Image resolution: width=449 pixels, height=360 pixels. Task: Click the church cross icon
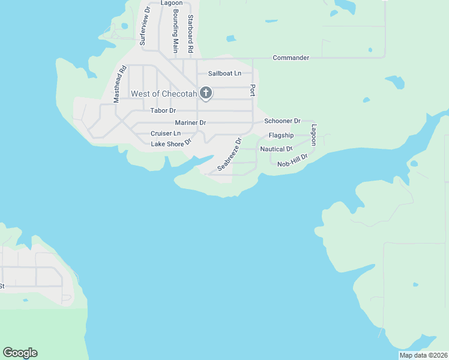tap(206, 93)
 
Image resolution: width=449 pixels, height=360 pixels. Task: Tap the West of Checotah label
tap(164, 94)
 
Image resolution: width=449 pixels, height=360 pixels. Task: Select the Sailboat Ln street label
tap(224, 73)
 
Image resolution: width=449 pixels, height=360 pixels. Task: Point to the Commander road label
tap(291, 58)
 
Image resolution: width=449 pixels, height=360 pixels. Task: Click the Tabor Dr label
tap(163, 110)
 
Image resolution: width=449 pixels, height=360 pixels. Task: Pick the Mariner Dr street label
tap(190, 122)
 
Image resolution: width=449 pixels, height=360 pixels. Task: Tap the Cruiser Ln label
tap(166, 133)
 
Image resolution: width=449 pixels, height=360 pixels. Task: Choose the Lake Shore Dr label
tap(171, 143)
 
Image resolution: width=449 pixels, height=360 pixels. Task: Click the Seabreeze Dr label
tap(229, 154)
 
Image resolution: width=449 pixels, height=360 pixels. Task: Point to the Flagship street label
tap(281, 136)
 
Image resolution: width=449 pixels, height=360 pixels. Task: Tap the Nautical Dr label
tap(276, 149)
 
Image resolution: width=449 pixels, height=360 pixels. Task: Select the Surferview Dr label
tap(143, 27)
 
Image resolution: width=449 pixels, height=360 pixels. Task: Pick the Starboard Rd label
tap(190, 34)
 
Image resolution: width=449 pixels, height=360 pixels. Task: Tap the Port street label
tap(253, 90)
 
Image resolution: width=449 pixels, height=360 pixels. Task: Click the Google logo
tap(20, 353)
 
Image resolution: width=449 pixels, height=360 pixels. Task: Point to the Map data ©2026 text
tap(423, 355)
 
